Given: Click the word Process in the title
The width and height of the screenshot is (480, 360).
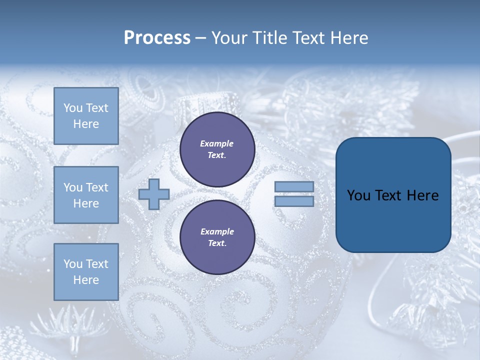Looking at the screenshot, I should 157,38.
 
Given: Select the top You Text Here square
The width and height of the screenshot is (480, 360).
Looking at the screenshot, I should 86,116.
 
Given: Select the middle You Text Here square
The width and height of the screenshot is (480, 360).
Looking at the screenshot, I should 86,195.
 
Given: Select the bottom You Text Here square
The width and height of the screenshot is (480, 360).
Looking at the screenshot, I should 86,271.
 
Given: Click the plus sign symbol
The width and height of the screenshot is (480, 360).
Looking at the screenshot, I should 154,194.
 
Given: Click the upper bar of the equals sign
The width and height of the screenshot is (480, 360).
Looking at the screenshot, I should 294,186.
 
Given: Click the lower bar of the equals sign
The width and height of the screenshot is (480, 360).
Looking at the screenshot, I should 294,201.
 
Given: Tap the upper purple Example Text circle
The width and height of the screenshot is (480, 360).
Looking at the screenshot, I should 217,149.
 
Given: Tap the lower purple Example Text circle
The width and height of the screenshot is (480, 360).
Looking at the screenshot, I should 217,237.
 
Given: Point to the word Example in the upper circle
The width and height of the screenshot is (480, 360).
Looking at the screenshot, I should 217,144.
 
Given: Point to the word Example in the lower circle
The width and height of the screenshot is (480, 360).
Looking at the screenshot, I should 217,231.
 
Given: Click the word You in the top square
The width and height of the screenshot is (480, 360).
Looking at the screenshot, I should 73,108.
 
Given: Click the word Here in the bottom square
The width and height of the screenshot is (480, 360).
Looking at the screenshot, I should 86,280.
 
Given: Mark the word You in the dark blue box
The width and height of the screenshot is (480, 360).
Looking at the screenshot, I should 358,195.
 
